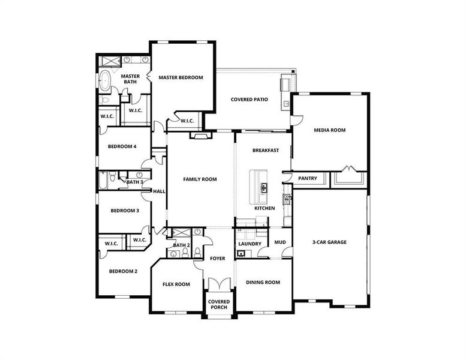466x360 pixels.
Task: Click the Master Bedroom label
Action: (x=181, y=77)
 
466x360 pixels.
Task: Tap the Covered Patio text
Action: (x=249, y=100)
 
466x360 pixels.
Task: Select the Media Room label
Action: (x=329, y=130)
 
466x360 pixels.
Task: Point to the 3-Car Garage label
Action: (x=329, y=242)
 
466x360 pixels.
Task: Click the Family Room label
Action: (x=200, y=179)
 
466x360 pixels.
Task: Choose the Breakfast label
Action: (x=265, y=151)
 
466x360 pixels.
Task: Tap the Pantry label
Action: (x=307, y=178)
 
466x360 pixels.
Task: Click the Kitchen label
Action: (x=264, y=208)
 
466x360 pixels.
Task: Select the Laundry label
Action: (x=249, y=244)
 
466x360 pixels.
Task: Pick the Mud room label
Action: (x=279, y=243)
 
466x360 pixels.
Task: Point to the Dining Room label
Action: (x=263, y=282)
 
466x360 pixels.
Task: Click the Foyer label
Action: (x=217, y=259)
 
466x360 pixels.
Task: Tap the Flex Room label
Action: (x=177, y=284)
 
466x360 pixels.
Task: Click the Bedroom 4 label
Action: (x=122, y=146)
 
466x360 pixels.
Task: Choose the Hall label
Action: (x=159, y=191)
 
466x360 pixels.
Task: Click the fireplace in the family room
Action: (x=200, y=136)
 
